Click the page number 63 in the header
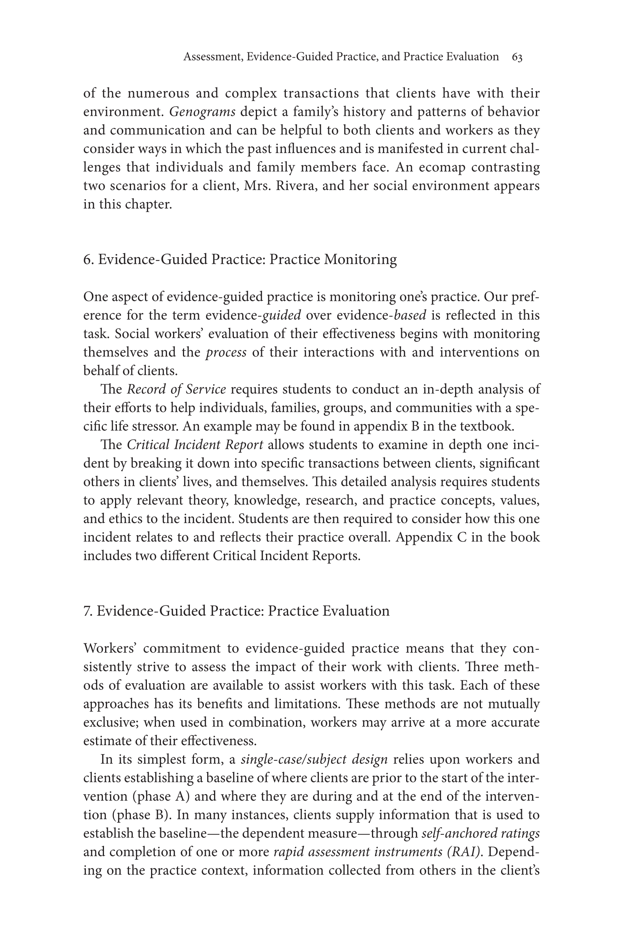point(517,57)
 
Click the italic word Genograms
point(202,112)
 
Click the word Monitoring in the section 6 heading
point(360,259)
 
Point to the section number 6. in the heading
point(88,259)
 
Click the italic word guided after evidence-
point(281,315)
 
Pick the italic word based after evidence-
point(410,315)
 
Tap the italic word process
point(226,352)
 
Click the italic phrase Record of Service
point(176,389)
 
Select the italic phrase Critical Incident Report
point(195,445)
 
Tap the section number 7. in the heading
point(88,611)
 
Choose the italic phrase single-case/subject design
point(314,760)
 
